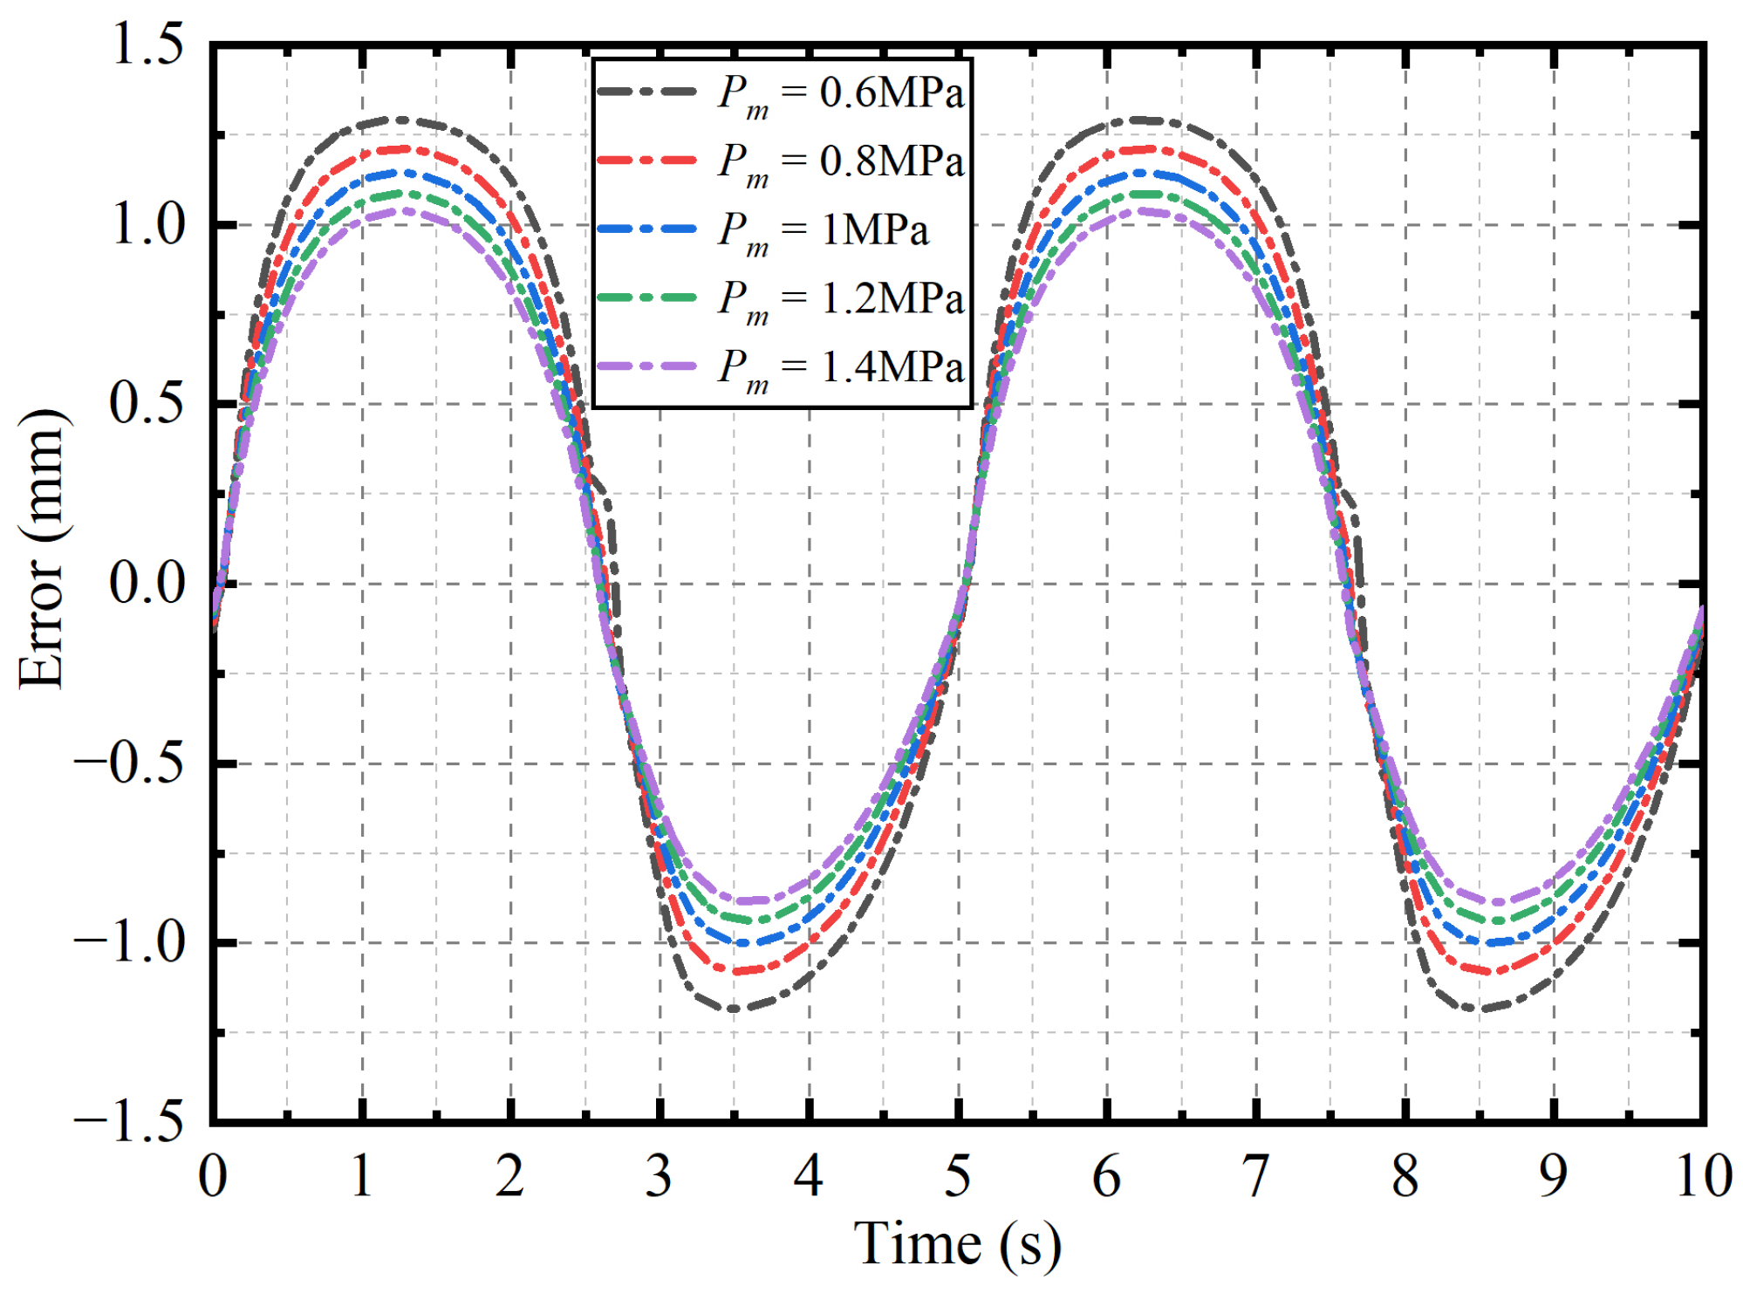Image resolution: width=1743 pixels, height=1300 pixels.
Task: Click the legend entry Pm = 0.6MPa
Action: pyautogui.click(x=840, y=93)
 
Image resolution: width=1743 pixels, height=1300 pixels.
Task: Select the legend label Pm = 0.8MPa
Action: pyautogui.click(x=840, y=161)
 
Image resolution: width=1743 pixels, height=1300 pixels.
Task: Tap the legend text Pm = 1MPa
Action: pyautogui.click(x=823, y=230)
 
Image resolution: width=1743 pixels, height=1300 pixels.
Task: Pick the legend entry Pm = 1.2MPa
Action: pyautogui.click(x=840, y=299)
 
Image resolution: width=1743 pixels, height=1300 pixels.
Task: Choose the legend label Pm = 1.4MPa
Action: pyautogui.click(x=840, y=367)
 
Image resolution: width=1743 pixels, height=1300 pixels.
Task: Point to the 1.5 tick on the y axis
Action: pyautogui.click(x=148, y=44)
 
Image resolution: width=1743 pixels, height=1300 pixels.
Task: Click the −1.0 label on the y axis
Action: pyautogui.click(x=131, y=942)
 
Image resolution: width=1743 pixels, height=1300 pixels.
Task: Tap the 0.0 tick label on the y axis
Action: pyautogui.click(x=148, y=583)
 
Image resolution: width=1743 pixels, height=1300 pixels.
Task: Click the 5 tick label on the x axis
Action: pyautogui.click(x=957, y=1176)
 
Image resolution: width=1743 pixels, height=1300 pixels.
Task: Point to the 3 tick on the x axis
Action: pyautogui.click(x=659, y=1176)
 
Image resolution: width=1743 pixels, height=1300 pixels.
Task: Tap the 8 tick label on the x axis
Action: pyautogui.click(x=1405, y=1176)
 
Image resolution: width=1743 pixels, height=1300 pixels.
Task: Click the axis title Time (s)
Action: pyautogui.click(x=957, y=1243)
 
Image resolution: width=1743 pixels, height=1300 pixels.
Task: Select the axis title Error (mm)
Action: pyautogui.click(x=41, y=550)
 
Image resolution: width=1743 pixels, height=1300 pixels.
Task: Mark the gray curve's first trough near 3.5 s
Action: pyautogui.click(x=735, y=1009)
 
